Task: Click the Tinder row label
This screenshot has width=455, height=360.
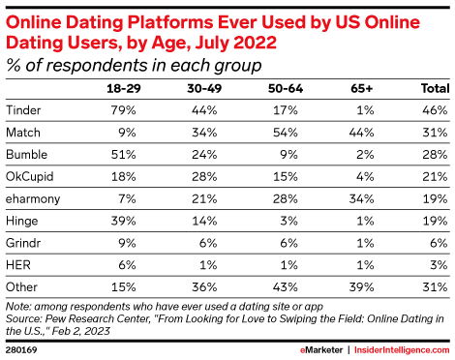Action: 24,110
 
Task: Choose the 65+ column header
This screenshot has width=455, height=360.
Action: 363,89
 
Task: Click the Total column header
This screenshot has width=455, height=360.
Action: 430,89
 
